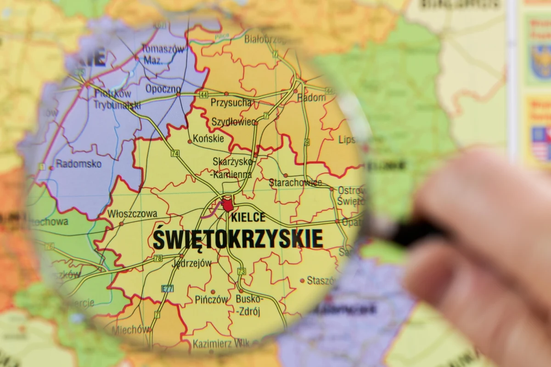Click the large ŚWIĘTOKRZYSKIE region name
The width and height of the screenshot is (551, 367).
[237, 239]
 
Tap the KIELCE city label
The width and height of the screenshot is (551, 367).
[248, 217]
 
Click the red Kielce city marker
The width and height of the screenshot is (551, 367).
[227, 204]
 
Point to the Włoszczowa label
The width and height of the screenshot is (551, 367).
[132, 214]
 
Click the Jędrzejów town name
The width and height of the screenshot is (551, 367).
[191, 263]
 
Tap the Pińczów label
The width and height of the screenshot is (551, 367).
[211, 299]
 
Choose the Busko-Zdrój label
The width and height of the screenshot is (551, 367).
[249, 305]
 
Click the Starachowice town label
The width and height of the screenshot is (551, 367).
[295, 183]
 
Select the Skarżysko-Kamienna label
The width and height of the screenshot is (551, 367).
[232, 168]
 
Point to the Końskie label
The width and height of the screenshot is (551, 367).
[208, 138]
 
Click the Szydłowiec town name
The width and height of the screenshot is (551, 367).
[233, 122]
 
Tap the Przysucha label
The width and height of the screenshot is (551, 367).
[231, 103]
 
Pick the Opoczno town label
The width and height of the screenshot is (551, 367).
[163, 89]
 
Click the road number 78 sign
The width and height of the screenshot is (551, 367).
[158, 259]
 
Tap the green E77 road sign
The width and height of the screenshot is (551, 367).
[168, 288]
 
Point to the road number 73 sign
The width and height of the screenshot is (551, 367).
[242, 271]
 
